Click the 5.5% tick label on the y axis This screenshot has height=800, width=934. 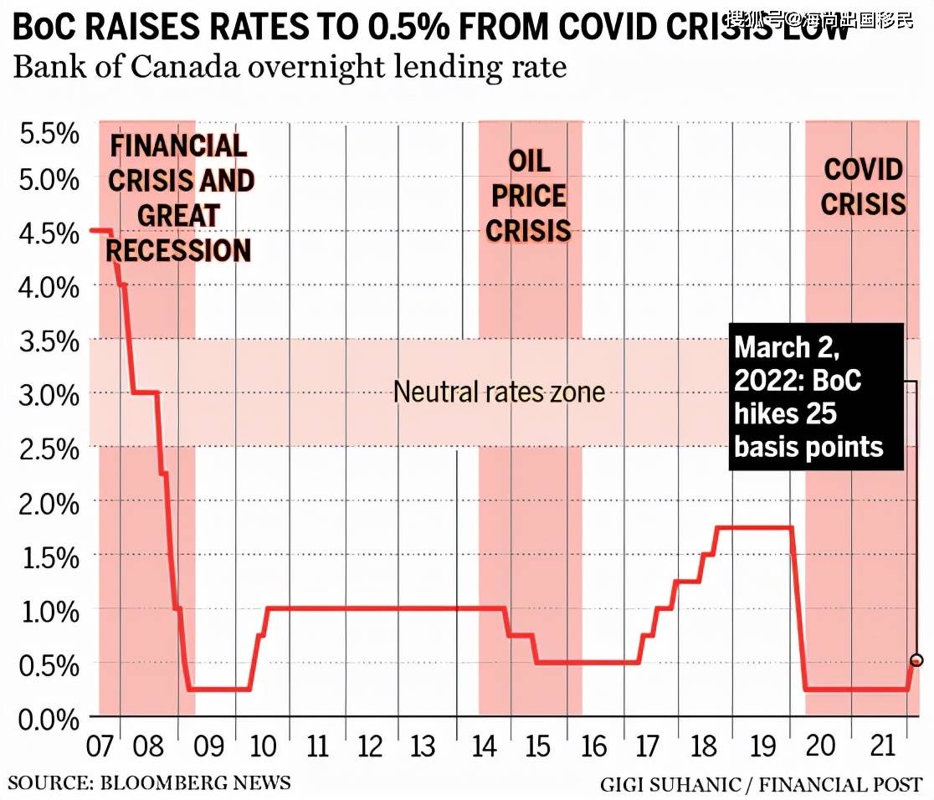coord(49,134)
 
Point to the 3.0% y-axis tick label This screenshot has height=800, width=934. coord(49,393)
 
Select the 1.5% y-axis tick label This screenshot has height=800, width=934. coord(49,557)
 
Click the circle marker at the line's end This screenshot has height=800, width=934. coord(916,660)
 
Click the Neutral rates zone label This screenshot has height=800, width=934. coord(499,392)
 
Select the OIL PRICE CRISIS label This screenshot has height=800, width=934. coord(528,196)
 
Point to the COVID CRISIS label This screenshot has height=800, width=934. coord(864,186)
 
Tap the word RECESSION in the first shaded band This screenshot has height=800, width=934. coord(178,250)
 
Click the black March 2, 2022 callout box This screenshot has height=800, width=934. coord(816,397)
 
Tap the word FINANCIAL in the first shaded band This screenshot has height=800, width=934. coord(179,146)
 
